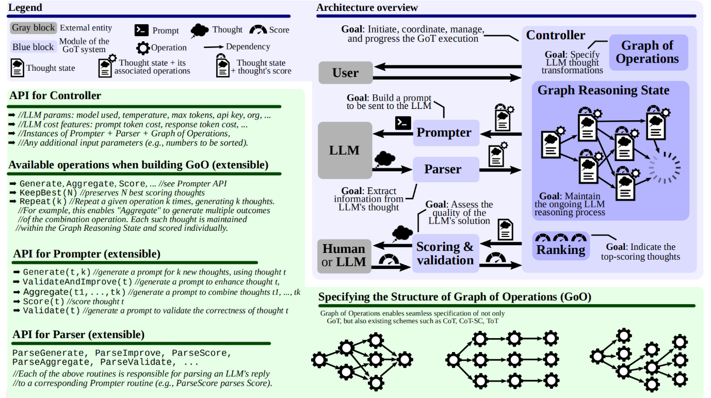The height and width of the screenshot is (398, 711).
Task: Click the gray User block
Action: click(345, 73)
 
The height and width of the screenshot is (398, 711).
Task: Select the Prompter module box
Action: click(446, 133)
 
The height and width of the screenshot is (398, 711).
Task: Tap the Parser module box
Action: click(446, 169)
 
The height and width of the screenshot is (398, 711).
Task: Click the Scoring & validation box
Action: click(445, 253)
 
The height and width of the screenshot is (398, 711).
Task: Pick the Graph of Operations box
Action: click(649, 53)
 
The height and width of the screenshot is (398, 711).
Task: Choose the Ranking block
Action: click(561, 246)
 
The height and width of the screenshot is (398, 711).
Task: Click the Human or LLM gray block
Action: click(344, 256)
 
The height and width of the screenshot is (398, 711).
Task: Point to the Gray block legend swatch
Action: click(34, 28)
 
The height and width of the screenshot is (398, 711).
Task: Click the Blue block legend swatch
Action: click(34, 47)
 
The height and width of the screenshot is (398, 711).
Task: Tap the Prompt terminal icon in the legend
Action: click(141, 30)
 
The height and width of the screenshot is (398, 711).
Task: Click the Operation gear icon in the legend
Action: click(143, 48)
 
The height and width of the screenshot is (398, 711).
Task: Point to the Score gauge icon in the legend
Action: click(258, 29)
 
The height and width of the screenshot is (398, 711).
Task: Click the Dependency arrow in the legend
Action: click(214, 47)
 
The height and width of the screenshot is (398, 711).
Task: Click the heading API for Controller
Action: click(55, 95)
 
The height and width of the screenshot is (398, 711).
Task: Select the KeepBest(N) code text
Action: click(49, 193)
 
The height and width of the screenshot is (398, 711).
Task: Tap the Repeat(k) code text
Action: click(43, 202)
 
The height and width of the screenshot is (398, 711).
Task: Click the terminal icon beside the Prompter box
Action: click(403, 123)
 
